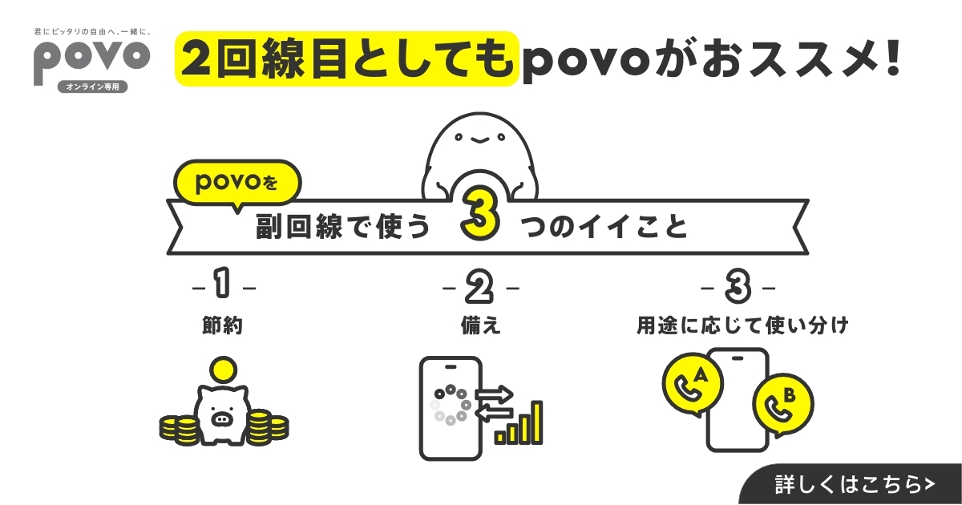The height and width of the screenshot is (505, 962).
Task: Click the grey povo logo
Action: coord(92,59)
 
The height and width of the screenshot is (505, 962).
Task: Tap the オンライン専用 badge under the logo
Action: coord(93,87)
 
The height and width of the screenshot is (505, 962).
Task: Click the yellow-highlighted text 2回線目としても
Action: coord(347,59)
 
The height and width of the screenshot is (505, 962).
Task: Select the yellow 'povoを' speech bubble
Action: coord(237,184)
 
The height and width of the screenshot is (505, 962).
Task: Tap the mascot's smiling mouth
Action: coord(479,140)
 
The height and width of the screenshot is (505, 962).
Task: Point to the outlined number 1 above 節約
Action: coord(222,282)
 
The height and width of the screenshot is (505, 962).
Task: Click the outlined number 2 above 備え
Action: coord(479,286)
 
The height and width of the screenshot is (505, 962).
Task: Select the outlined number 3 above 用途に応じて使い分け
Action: coord(738,285)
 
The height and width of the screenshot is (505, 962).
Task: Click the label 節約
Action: coord(223,325)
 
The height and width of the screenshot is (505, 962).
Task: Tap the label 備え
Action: coord(480,325)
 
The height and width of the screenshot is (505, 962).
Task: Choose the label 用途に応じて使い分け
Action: coord(742,325)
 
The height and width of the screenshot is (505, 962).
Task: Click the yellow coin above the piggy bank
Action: coord(224,370)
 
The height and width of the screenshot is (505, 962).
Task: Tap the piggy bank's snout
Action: coord(222,418)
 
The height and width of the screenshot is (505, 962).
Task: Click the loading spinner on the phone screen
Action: coord(451,405)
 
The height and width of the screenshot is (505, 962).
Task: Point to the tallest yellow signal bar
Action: coord(536,422)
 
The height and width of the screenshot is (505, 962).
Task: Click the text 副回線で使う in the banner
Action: coord(343,226)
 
